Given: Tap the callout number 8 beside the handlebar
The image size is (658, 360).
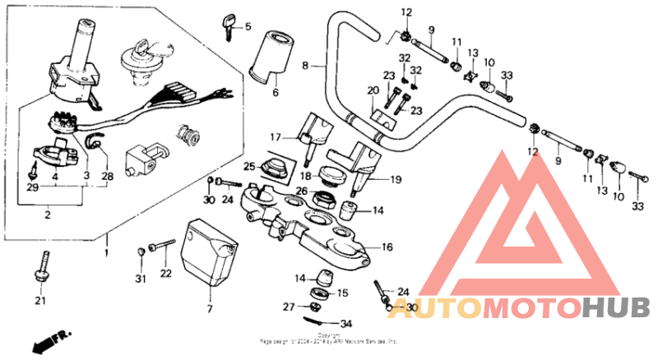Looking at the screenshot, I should point(304,65).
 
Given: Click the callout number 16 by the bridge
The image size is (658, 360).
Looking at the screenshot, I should point(387,246).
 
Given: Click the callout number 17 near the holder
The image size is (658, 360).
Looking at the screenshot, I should point(276,136).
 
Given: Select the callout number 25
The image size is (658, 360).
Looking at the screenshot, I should point(249,167).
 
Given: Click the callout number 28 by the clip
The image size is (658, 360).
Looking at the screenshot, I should point(107,177).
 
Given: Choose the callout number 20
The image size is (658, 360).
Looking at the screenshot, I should point(373,90).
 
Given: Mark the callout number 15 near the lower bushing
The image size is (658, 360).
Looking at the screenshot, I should point(343,293).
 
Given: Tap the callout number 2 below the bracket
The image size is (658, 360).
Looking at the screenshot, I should point(48,215).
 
